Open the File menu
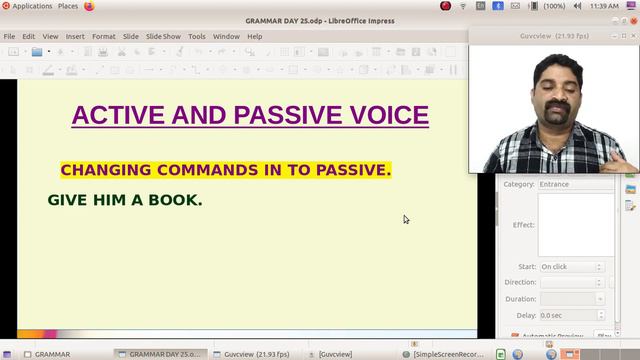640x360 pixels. point(9,37)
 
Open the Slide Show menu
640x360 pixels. point(163,37)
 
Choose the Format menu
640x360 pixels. point(104,37)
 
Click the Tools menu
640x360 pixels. point(197,37)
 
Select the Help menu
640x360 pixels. point(255,37)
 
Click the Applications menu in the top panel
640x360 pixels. point(32,6)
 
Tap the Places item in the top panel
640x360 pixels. point(68,6)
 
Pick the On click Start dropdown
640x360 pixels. point(571,267)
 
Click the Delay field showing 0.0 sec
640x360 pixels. point(571,315)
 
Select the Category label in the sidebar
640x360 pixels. point(519,184)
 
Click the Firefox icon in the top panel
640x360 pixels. point(89,6)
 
